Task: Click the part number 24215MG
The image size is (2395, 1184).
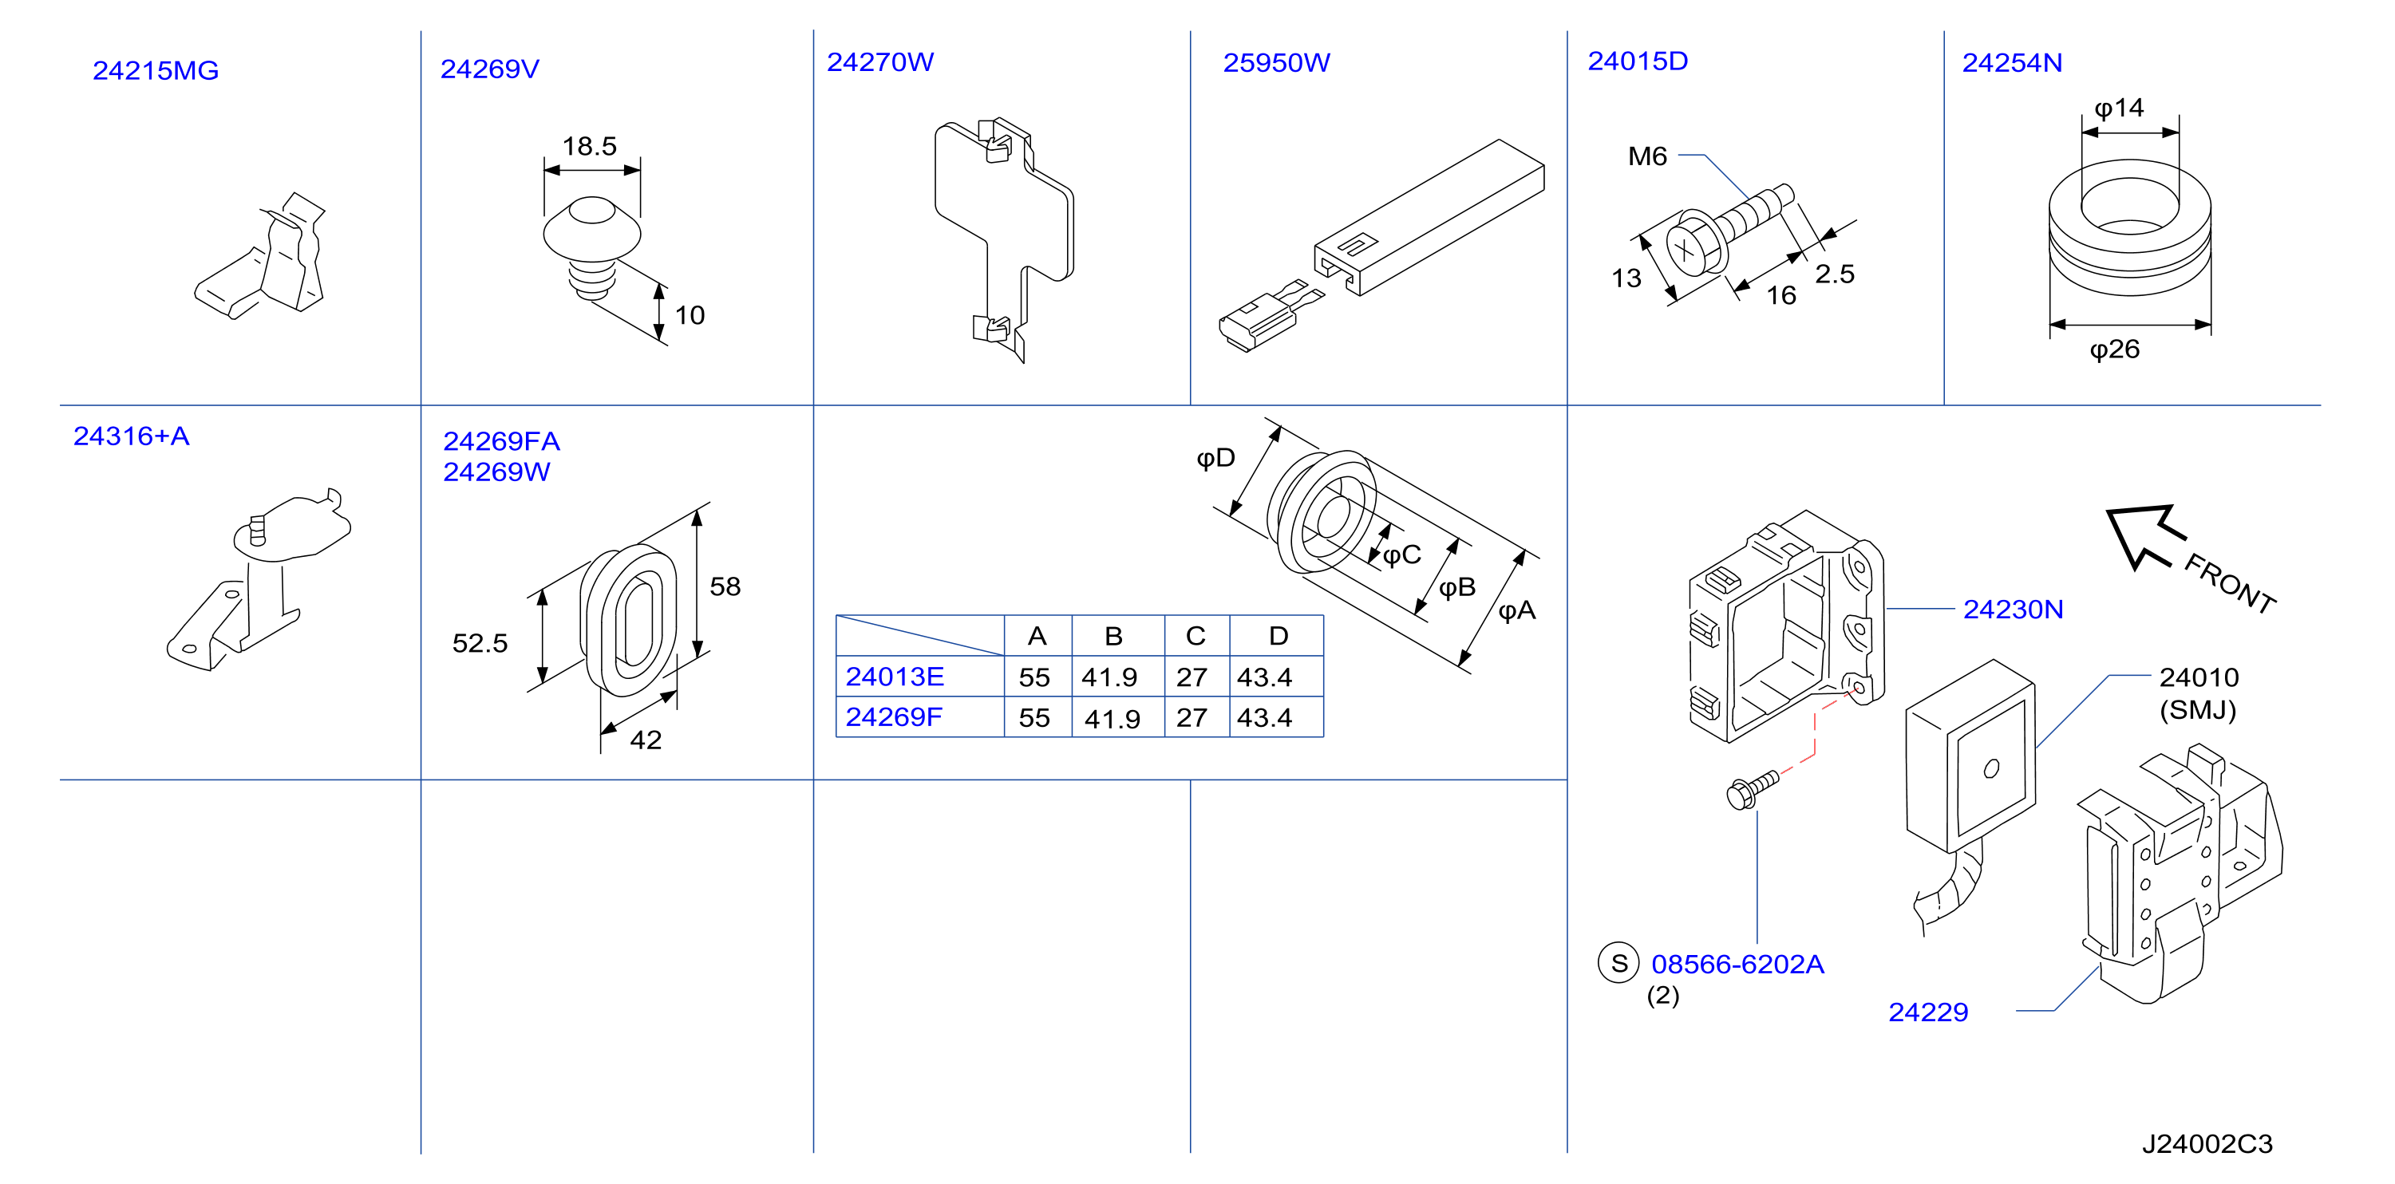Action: [156, 71]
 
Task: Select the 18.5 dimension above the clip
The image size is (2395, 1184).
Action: [590, 146]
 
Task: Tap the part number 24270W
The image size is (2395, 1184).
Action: [879, 62]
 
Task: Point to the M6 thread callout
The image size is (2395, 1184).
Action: [1647, 156]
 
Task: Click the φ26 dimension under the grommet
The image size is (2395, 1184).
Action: [2114, 349]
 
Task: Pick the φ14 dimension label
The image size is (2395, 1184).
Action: [2119, 109]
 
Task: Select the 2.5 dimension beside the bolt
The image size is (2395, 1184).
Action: [1835, 274]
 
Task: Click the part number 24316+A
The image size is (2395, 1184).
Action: [131, 436]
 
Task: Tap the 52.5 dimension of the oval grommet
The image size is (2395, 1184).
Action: [480, 643]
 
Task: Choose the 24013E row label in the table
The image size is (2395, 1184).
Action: [895, 677]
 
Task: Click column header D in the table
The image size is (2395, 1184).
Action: [1279, 636]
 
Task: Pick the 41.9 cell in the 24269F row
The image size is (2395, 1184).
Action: [1112, 718]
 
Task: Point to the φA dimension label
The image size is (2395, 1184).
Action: [1516, 610]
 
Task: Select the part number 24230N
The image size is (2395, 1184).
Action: [2013, 610]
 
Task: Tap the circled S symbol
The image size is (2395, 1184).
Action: [1618, 963]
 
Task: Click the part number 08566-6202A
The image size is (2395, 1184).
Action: [1737, 965]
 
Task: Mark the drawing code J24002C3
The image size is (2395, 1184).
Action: [2207, 1144]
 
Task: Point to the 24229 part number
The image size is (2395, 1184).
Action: [1928, 1012]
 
